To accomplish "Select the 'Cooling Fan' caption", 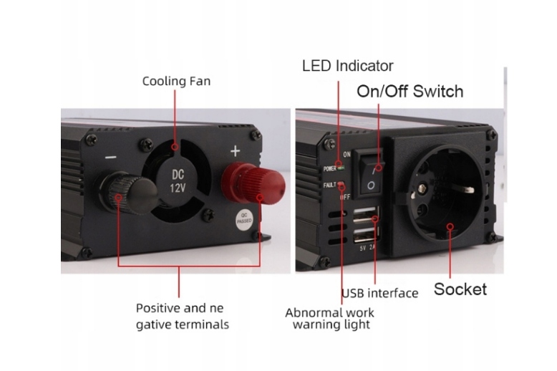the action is pos(176,81).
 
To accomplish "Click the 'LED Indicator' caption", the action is pos(347,66).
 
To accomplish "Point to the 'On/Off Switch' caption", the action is pos(410,92).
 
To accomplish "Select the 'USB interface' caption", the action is pos(379,293).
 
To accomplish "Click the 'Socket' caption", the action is pos(460,289).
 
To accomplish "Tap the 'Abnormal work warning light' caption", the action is pos(329,319).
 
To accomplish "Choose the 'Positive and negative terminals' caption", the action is pos(183,317).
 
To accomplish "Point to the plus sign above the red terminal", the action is pos(235,151).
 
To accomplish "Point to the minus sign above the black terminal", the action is pos(111,156).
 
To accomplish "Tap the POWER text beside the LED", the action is pos(329,169).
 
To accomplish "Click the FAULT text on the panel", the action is pos(329,185).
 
